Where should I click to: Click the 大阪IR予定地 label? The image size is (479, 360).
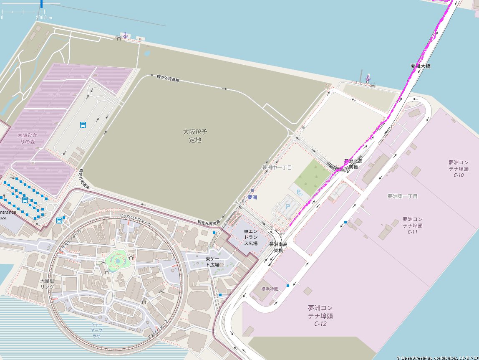click(x=195, y=136)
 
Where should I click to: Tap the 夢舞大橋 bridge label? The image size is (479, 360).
click(x=420, y=66)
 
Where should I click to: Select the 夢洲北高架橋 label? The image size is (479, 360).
click(x=353, y=164)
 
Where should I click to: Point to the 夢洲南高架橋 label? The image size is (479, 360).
click(x=278, y=247)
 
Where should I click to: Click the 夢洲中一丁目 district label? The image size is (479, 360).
click(x=277, y=167)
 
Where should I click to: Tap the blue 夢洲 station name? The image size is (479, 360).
click(x=252, y=197)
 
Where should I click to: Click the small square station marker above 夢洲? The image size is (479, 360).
click(x=252, y=190)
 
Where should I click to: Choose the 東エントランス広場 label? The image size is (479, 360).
click(x=250, y=237)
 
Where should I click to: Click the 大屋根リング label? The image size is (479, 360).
click(x=47, y=284)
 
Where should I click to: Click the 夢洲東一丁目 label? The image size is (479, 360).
click(x=402, y=196)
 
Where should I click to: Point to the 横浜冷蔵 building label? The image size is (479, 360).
click(x=269, y=289)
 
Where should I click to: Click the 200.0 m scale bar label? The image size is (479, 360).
click(x=44, y=18)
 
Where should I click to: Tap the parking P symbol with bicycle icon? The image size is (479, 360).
click(x=299, y=193)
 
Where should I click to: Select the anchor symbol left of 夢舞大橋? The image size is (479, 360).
click(x=368, y=78)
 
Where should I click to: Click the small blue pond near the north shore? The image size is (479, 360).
click(x=147, y=53)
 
